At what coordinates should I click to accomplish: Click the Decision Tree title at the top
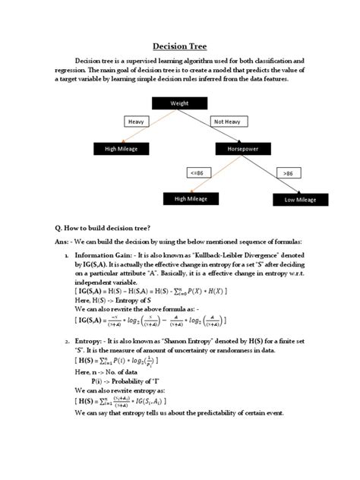pyautogui.click(x=180, y=46)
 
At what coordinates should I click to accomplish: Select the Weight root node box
pyautogui.click(x=180, y=103)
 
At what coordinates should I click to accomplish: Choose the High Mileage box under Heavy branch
pyautogui.click(x=122, y=149)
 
